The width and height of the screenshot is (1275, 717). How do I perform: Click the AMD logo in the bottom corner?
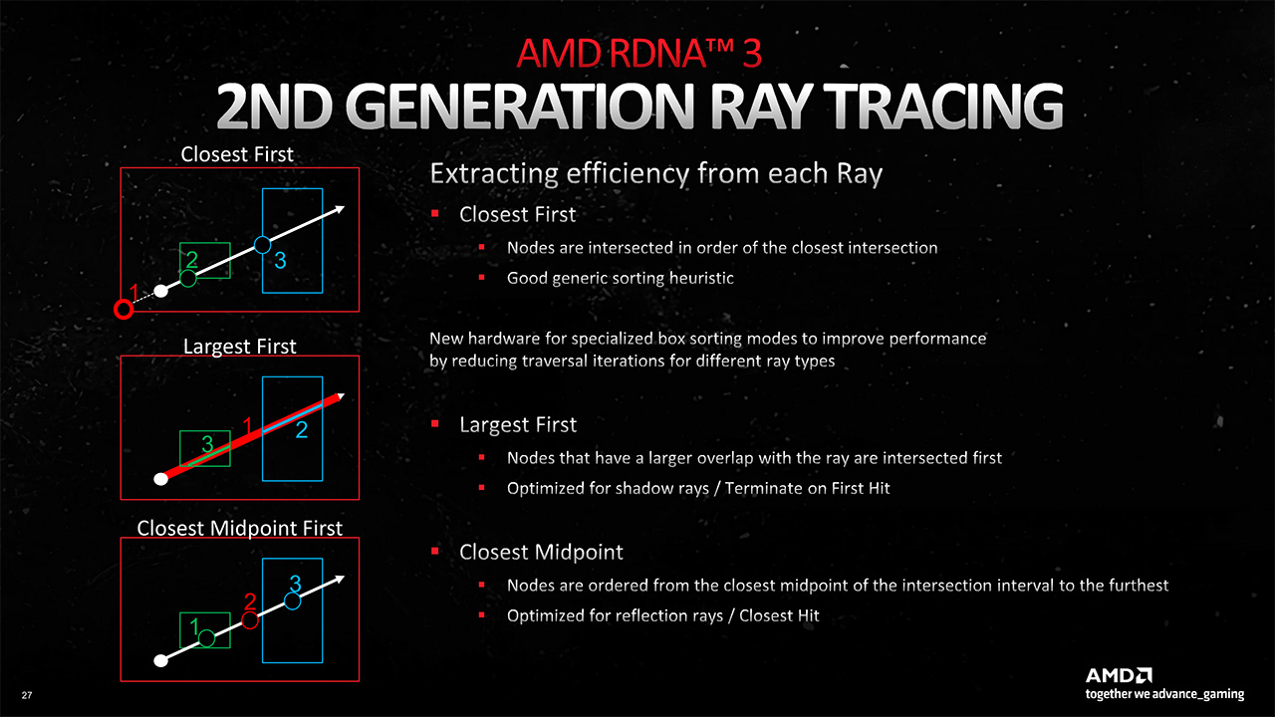click(1119, 675)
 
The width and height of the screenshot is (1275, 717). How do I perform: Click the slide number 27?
click(27, 695)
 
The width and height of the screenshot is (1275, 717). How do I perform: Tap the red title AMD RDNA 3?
click(638, 54)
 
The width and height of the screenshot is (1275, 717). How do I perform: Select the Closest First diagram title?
click(237, 154)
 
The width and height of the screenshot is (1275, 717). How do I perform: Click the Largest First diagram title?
click(240, 347)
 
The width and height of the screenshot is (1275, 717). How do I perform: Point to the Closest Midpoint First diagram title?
click(240, 528)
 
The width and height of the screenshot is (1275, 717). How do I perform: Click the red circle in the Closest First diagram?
click(124, 310)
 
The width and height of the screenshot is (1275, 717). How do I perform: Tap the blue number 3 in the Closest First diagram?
click(280, 261)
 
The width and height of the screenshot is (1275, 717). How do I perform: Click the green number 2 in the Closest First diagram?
click(192, 260)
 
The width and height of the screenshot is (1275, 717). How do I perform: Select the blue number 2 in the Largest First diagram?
click(302, 429)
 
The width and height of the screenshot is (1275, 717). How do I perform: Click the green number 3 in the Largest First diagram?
click(207, 443)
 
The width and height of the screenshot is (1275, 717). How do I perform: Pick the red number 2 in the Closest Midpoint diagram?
click(250, 601)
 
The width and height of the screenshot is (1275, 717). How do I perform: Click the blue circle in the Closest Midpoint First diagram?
click(292, 601)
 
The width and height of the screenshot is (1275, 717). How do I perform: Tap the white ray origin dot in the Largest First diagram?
click(161, 479)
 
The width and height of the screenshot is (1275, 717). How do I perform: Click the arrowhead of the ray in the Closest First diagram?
click(340, 209)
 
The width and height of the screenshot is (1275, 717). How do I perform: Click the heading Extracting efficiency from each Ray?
click(655, 173)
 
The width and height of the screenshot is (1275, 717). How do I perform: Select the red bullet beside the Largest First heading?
click(435, 423)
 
